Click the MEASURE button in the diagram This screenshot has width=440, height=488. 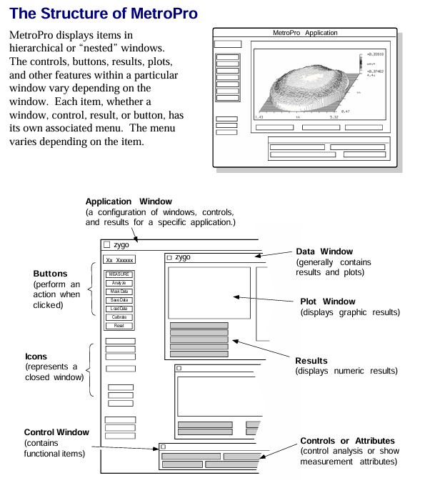[119, 274]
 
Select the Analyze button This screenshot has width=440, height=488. [119, 283]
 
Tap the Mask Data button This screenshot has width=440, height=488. [119, 292]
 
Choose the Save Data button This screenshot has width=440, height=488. [119, 300]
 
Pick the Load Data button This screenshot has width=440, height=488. [119, 309]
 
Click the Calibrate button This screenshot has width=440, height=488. [119, 317]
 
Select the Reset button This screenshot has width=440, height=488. [119, 326]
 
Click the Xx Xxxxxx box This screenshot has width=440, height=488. [119, 260]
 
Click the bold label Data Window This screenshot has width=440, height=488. [324, 252]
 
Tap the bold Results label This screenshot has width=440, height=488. [311, 361]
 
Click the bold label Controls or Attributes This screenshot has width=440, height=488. [347, 441]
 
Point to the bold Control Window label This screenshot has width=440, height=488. [56, 432]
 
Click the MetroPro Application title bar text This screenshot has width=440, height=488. [305, 33]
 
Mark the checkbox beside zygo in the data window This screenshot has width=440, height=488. [169, 257]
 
